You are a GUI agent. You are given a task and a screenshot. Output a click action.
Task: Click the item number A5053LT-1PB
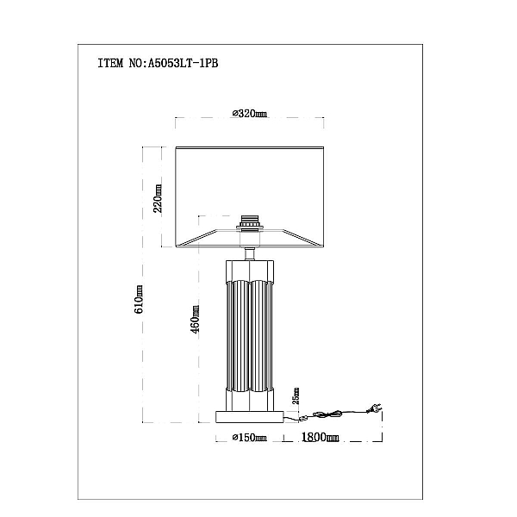(183, 63)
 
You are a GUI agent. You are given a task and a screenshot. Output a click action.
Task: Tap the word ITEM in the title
(110, 63)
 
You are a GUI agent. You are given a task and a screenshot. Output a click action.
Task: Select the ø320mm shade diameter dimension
(250, 114)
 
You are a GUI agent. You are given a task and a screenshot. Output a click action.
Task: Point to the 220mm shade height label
(158, 198)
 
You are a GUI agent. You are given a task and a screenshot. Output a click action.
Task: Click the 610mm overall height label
(139, 299)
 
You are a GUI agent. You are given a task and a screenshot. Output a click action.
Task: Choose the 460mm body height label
(196, 320)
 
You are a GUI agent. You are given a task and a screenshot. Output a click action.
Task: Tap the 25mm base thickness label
(296, 396)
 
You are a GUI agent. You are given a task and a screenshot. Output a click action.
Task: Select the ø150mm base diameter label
(250, 438)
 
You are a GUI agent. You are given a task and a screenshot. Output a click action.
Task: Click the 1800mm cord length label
(321, 437)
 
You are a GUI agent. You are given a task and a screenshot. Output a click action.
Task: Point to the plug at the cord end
(374, 408)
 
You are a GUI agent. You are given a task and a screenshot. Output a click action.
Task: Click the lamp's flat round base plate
(250, 417)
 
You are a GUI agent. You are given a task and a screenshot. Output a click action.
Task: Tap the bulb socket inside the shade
(250, 223)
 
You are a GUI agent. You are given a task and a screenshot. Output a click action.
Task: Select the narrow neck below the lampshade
(250, 254)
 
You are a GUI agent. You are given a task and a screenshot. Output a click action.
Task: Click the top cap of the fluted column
(250, 271)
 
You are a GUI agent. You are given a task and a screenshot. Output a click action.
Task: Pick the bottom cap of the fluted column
(250, 400)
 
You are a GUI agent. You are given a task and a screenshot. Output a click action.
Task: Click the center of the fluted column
(250, 336)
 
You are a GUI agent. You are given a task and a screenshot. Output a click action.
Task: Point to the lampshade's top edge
(250, 147)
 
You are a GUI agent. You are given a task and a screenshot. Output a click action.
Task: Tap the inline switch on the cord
(302, 420)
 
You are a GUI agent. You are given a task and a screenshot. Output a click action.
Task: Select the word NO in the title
(135, 63)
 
